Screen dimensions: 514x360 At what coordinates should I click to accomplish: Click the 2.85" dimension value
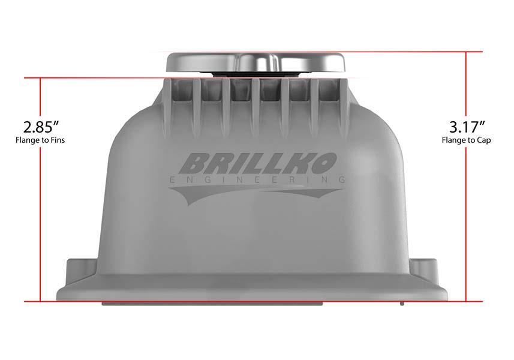click(x=41, y=127)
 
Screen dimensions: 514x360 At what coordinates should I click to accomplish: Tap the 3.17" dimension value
click(x=467, y=127)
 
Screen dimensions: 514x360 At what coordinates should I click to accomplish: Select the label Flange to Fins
click(x=40, y=140)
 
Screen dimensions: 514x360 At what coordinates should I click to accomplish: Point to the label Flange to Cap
click(x=466, y=140)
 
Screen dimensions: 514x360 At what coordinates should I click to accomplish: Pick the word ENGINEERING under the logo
click(x=257, y=179)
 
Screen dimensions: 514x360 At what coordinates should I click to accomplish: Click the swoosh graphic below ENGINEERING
click(x=256, y=193)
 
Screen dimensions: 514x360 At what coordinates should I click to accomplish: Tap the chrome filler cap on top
click(x=256, y=62)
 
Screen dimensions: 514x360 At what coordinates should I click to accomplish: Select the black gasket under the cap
click(x=256, y=74)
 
